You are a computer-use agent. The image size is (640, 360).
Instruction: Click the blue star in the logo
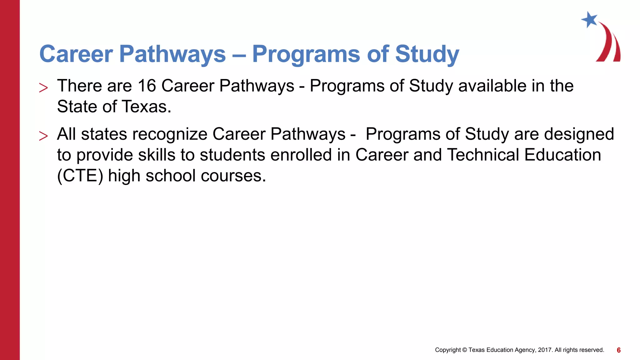point(589,20)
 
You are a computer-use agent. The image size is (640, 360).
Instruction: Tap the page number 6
point(618,350)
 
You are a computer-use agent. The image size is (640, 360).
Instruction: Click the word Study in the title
point(427,54)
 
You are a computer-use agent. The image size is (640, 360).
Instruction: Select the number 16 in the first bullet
point(147,86)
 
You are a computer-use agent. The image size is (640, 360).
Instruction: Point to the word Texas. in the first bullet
point(146,107)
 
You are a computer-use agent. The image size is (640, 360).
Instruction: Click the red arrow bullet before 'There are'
point(43,88)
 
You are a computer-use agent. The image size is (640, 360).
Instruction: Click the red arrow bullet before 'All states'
point(43,136)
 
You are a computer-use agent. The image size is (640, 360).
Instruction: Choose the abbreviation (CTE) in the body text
point(80,176)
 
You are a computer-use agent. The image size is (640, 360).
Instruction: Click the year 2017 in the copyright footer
point(545,350)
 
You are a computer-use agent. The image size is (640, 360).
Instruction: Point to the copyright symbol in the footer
point(464,350)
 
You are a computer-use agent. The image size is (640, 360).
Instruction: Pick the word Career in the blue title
point(76,54)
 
